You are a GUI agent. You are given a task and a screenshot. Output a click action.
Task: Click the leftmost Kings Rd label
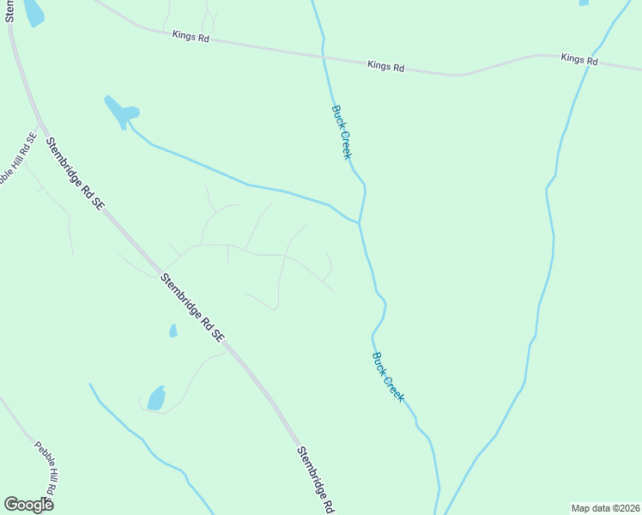click(x=191, y=36)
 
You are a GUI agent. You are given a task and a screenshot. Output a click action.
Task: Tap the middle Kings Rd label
click(x=385, y=65)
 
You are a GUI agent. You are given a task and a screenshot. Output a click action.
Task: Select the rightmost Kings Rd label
click(x=579, y=58)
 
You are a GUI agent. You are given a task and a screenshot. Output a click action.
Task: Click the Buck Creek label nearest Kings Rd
click(x=341, y=132)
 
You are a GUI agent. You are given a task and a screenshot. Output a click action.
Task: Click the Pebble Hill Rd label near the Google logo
click(x=45, y=469)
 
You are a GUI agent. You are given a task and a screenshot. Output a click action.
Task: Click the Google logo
click(x=28, y=505)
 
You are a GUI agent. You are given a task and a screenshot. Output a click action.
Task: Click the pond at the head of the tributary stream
click(x=122, y=112)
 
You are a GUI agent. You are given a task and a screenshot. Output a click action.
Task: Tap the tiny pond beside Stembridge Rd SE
click(x=173, y=330)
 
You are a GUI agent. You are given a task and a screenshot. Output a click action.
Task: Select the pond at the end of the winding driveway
click(x=156, y=398)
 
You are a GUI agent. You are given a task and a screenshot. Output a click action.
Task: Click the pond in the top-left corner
click(x=33, y=12)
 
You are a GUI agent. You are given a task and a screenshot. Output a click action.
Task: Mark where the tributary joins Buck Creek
click(x=359, y=223)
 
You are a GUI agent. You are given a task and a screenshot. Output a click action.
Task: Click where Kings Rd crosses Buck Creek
click(x=324, y=57)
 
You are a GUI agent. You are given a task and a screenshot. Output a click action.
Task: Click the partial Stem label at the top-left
click(x=9, y=11)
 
